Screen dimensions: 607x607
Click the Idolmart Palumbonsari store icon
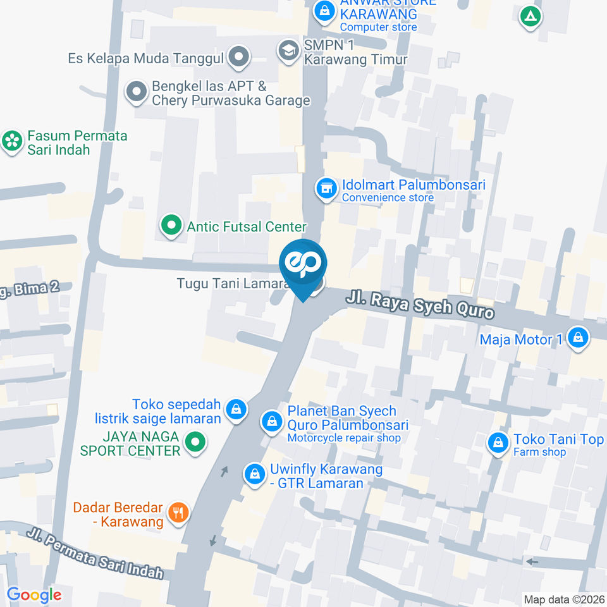pyautogui.click(x=326, y=188)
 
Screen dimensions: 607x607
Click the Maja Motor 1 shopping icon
pyautogui.click(x=578, y=338)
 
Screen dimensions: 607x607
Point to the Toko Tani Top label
pyautogui.click(x=558, y=440)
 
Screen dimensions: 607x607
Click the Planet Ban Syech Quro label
pyautogui.click(x=348, y=418)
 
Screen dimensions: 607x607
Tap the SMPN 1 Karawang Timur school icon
pyautogui.click(x=288, y=50)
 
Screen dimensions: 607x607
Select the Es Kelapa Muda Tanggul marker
pyautogui.click(x=239, y=58)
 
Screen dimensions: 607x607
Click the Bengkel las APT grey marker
pyautogui.click(x=136, y=92)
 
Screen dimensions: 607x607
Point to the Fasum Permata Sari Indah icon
pyautogui.click(x=11, y=142)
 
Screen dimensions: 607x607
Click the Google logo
pyautogui.click(x=34, y=594)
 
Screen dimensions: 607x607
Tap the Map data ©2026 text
pyautogui.click(x=563, y=599)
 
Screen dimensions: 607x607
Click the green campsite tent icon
pyautogui.click(x=530, y=16)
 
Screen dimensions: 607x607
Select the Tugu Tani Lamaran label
pyautogui.click(x=233, y=284)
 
